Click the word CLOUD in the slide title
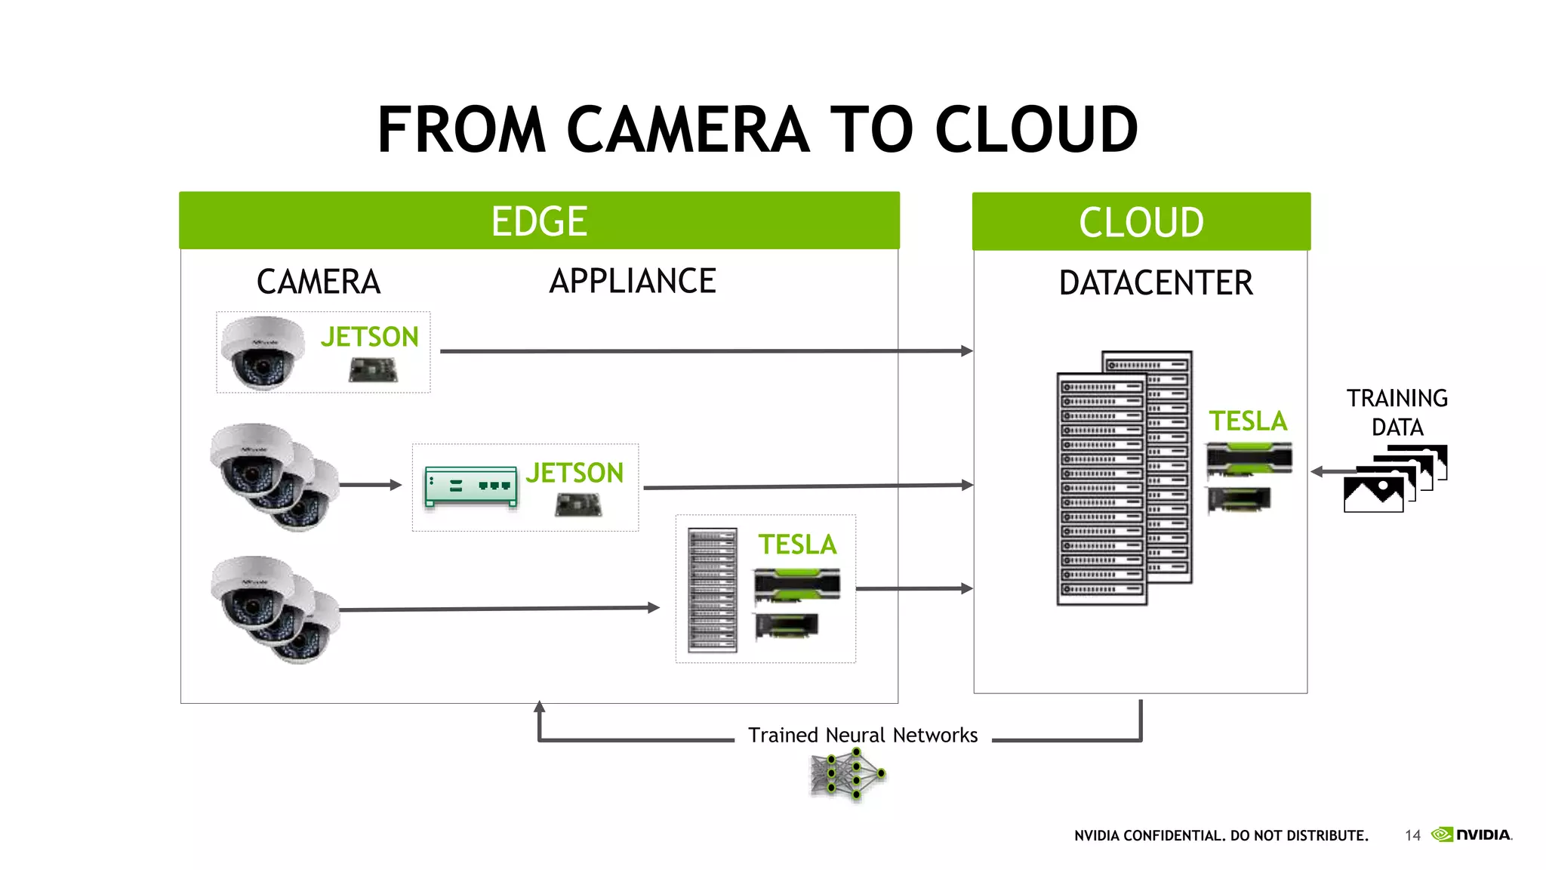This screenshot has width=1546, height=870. coord(1036,130)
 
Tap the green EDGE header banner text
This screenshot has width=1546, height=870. coord(539,221)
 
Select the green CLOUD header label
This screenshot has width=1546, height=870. coord(1141,223)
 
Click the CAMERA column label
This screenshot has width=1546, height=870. coord(318,282)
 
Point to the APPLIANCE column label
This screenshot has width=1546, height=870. coord(632,282)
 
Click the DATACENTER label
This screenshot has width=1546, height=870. coord(1155,283)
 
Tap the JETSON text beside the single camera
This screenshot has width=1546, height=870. coord(369,337)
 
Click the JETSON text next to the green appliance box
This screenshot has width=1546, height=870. coord(574,474)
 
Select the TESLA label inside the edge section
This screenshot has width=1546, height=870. coord(797,545)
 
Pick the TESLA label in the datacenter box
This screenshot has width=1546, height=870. coord(1247,421)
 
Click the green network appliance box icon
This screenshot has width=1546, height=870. coord(471,486)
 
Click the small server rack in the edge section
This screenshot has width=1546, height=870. coord(712,590)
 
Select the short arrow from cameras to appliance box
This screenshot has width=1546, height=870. coord(371,485)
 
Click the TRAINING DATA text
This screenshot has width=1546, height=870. coord(1397,412)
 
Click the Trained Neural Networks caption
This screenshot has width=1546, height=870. coord(862,736)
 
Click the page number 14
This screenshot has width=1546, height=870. coord(1412,835)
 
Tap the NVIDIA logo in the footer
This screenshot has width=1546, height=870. coord(1472,835)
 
